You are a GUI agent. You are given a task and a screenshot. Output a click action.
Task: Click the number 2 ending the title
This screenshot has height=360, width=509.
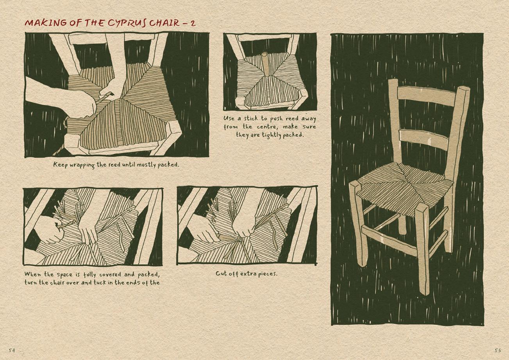(x=193, y=23)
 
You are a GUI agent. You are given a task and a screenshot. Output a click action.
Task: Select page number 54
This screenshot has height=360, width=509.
(x=12, y=351)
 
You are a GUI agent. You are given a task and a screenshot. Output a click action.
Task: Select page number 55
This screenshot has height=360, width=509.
(x=498, y=351)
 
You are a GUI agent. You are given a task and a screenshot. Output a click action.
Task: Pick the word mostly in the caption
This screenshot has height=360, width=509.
(x=145, y=165)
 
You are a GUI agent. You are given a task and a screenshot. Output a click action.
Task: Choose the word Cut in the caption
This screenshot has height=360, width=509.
(x=221, y=274)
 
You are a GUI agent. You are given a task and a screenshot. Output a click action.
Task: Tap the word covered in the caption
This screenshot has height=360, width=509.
(x=110, y=274)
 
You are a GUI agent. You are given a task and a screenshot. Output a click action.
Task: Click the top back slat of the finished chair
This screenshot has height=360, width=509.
(x=426, y=96)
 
